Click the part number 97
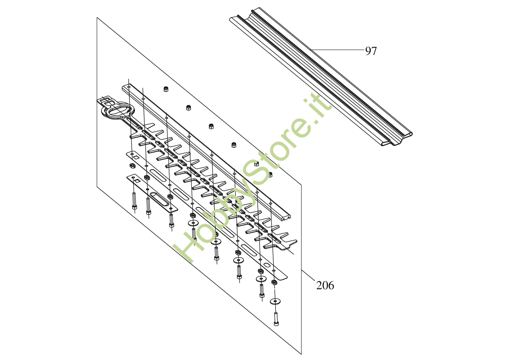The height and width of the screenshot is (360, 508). coord(371,51)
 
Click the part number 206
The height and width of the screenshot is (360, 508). coord(325,286)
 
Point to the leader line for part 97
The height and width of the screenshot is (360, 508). coord(337,49)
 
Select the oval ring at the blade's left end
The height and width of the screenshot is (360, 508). coord(118,111)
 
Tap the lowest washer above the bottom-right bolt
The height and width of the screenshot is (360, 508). coord(275,301)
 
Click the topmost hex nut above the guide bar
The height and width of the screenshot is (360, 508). coord(165,89)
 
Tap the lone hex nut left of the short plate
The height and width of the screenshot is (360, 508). coord(132,166)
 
